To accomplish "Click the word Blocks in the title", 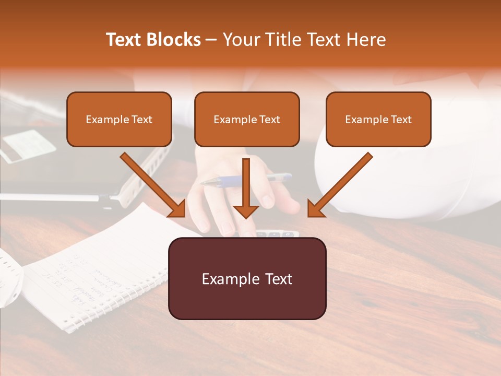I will (x=173, y=40).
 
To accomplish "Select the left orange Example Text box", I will (x=119, y=119).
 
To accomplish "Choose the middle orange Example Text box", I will (x=247, y=119).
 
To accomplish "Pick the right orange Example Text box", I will (x=378, y=119).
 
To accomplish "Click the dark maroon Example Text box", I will (x=247, y=279).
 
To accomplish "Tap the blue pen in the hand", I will (x=245, y=180).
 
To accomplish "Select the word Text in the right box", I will (x=401, y=119).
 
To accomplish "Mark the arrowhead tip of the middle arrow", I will (x=246, y=217).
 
